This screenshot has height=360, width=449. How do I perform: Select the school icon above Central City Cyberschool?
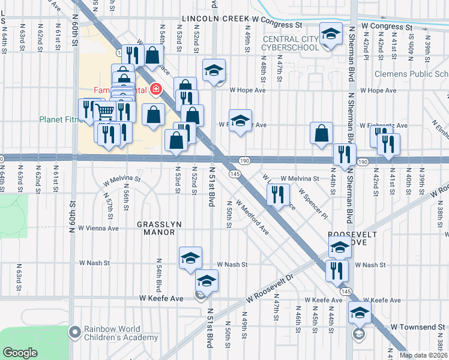pyautogui.click(x=330, y=35)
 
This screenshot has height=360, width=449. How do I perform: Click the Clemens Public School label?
pyautogui.click(x=411, y=74)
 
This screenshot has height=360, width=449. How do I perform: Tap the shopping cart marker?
pyautogui.click(x=105, y=111)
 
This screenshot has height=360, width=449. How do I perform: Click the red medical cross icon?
pyautogui.click(x=156, y=89)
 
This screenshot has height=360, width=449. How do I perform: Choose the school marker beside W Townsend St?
pyautogui.click(x=360, y=313)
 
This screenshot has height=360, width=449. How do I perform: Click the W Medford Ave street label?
pyautogui.click(x=255, y=217)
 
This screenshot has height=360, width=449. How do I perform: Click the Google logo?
pyautogui.click(x=20, y=353)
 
